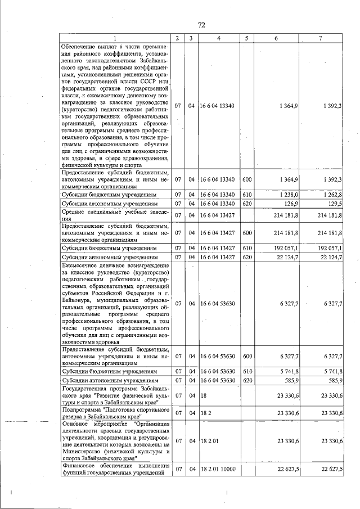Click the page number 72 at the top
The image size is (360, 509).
(202, 25)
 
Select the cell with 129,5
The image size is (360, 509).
(335, 203)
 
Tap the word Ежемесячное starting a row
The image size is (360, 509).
(83, 264)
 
